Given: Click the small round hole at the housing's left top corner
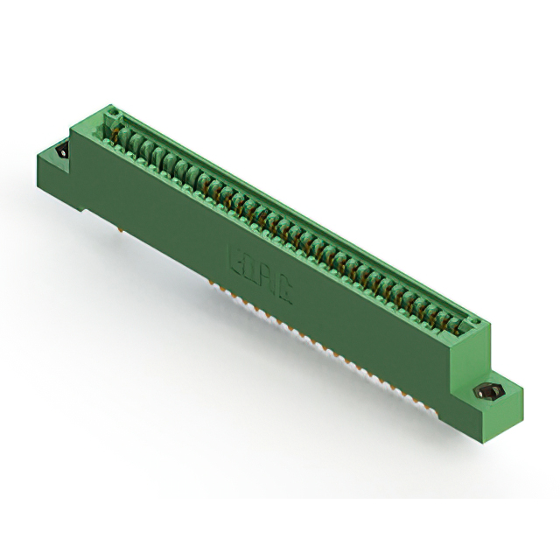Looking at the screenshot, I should pos(111,113).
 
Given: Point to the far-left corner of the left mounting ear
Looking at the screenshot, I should pos(37,157).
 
